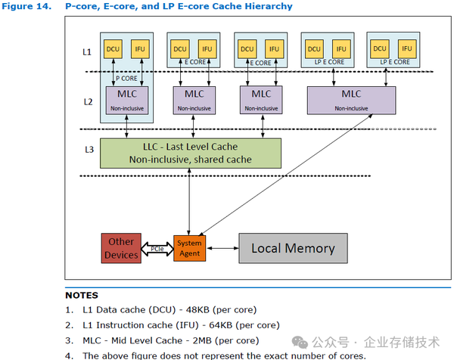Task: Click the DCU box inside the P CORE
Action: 113,49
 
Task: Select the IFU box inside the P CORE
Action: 140,49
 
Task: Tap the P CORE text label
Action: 126,78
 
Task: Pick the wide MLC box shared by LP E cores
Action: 350,99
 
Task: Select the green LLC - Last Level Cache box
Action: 191,153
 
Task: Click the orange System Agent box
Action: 189,247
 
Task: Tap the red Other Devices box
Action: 121,249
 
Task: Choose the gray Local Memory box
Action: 292,248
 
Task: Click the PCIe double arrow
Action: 157,248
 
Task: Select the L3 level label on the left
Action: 89,150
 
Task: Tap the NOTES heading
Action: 82,295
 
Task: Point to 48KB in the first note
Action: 194,309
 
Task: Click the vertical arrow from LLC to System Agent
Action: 188,201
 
